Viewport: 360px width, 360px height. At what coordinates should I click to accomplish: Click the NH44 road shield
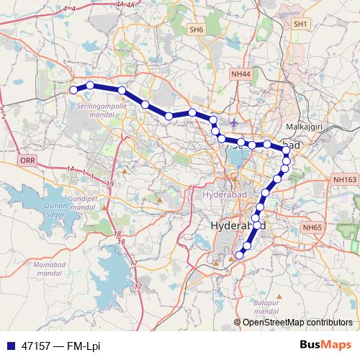pos(241,74)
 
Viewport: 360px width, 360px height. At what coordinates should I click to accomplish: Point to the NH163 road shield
pos(345,179)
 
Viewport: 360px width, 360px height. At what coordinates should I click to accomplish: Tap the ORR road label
pos(27,161)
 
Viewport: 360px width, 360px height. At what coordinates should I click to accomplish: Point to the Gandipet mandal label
pos(80,202)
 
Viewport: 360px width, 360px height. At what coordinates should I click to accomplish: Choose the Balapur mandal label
pos(266,307)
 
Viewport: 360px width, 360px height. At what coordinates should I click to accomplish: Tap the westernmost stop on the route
pos(73,89)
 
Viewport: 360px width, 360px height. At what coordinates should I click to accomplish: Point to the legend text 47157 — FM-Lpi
pos(62,346)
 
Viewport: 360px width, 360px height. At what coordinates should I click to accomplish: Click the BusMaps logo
pos(325,346)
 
